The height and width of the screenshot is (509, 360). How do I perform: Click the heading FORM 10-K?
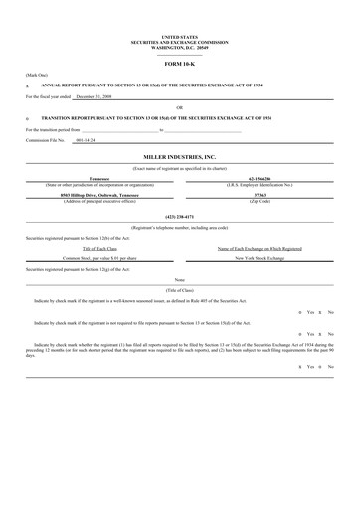tap(180, 63)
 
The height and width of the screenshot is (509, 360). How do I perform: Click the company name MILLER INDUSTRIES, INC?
tap(180, 157)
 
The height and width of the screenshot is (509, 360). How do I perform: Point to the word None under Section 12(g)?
tap(180, 280)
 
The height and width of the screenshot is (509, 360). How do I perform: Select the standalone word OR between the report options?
tap(180, 107)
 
